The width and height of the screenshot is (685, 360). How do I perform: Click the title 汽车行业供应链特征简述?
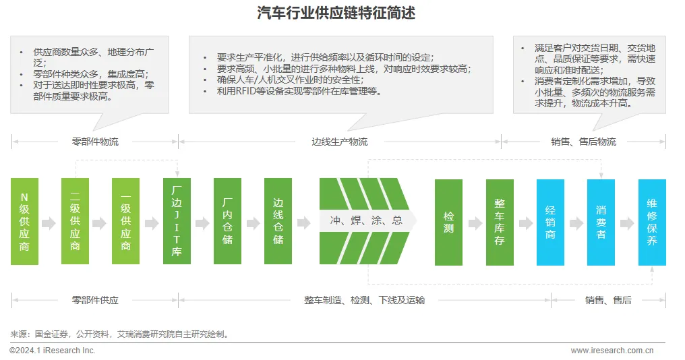point(341,13)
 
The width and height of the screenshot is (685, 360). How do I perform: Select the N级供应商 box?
point(25,221)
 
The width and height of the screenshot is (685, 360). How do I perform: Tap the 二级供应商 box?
point(75,221)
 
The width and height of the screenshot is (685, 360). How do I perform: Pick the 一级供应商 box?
point(125,221)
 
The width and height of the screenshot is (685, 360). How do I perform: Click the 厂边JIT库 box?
point(177,221)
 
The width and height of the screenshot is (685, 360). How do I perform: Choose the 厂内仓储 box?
point(227,221)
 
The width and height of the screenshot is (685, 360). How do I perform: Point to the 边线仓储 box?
point(278,221)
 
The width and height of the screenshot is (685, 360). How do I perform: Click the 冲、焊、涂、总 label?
point(366,221)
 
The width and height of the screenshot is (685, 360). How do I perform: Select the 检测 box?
point(448,222)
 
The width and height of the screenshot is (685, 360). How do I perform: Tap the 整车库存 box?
point(500,222)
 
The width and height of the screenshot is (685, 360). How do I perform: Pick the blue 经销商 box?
point(550,222)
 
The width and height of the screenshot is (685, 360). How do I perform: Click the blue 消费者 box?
point(601,222)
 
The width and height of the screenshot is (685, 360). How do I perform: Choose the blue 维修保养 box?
point(652,222)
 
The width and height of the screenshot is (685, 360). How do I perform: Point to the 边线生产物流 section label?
point(340,142)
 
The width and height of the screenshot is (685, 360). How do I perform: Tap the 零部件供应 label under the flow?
point(95,300)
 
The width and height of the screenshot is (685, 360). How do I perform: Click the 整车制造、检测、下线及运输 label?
point(365,300)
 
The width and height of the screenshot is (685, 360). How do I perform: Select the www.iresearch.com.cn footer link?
point(612,351)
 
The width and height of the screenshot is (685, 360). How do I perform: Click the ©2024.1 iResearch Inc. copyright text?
point(53,351)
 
